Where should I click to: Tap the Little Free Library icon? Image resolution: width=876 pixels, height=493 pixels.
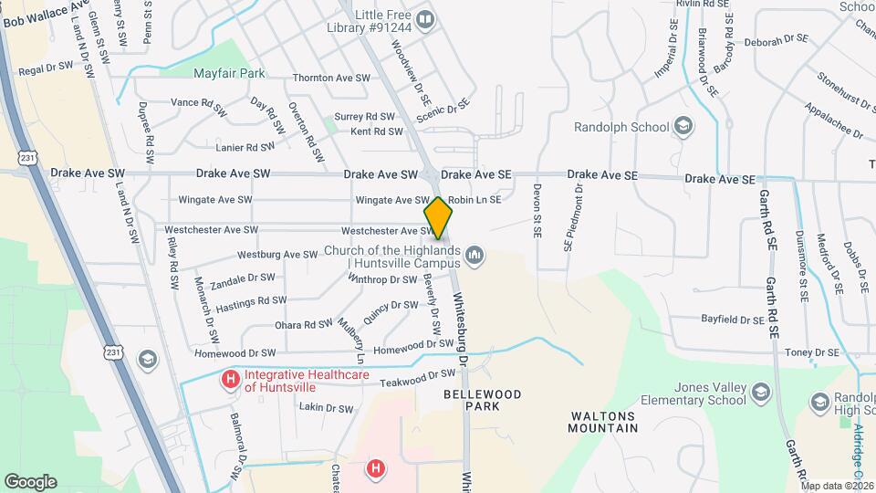[424, 18]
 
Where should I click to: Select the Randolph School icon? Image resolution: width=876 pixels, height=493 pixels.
[683, 127]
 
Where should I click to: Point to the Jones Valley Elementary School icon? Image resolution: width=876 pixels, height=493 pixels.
[762, 393]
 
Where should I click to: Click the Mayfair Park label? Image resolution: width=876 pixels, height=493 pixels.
[229, 72]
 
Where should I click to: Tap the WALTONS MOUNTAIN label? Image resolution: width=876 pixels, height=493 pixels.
[603, 421]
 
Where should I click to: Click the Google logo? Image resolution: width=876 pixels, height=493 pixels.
[30, 481]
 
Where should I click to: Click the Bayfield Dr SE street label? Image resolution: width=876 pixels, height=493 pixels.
[732, 320]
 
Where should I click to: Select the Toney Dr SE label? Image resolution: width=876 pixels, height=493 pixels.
[811, 351]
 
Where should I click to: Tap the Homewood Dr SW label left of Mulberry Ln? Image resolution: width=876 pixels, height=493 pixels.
[235, 352]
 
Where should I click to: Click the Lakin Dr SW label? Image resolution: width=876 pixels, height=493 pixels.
[326, 408]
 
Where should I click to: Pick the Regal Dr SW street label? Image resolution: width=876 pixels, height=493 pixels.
[46, 68]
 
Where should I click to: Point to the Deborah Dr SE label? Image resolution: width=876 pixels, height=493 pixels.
[777, 40]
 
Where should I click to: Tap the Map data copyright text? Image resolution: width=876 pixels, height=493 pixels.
[836, 486]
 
